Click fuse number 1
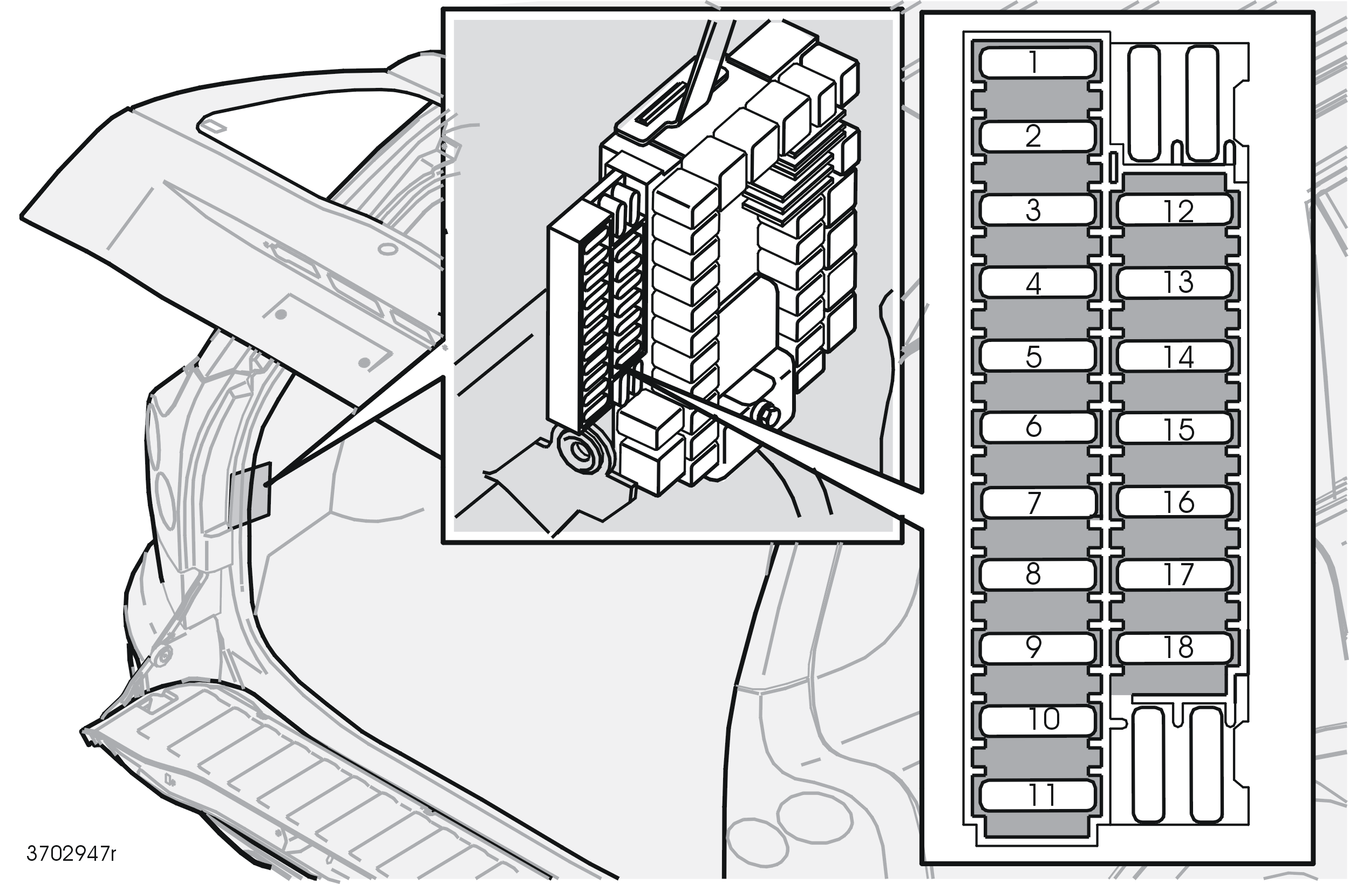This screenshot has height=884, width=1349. tap(1037, 62)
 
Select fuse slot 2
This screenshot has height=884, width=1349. tap(1037, 136)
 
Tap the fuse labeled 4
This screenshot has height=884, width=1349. tap(1037, 282)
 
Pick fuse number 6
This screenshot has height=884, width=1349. tap(1037, 427)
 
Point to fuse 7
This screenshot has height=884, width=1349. tap(1037, 502)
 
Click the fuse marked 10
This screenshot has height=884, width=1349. tap(1037, 720)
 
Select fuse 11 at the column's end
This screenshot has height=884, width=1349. tap(1037, 795)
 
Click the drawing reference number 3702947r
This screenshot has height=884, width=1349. tap(71, 853)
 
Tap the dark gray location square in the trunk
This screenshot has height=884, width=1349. tap(250, 494)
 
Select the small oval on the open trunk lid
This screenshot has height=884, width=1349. tap(387, 249)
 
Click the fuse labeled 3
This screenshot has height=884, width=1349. tap(1037, 210)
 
